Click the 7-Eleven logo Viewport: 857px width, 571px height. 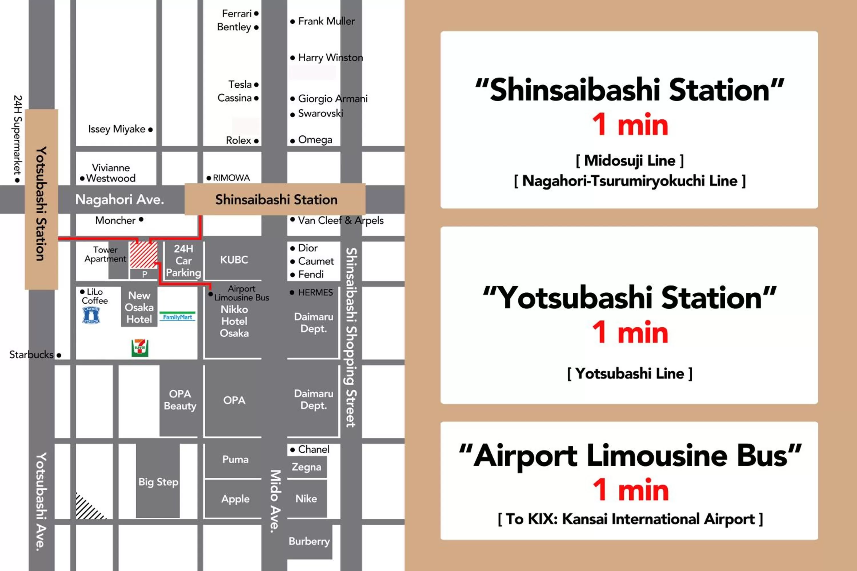140,348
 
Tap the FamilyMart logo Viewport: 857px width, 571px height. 177,316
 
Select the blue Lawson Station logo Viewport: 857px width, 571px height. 91,315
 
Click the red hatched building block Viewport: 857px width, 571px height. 144,255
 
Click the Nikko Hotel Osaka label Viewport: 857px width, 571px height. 234,321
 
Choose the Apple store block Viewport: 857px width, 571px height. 235,498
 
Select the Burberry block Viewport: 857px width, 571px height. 309,541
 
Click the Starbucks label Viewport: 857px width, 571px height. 31,355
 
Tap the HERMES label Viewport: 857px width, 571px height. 315,292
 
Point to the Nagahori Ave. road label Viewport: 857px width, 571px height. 119,200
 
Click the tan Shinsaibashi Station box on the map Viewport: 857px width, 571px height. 276,200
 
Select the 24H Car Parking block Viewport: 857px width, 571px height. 183,261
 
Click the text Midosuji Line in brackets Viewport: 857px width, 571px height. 630,160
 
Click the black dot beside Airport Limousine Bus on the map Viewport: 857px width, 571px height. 211,294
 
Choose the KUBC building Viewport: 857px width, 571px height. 234,260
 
